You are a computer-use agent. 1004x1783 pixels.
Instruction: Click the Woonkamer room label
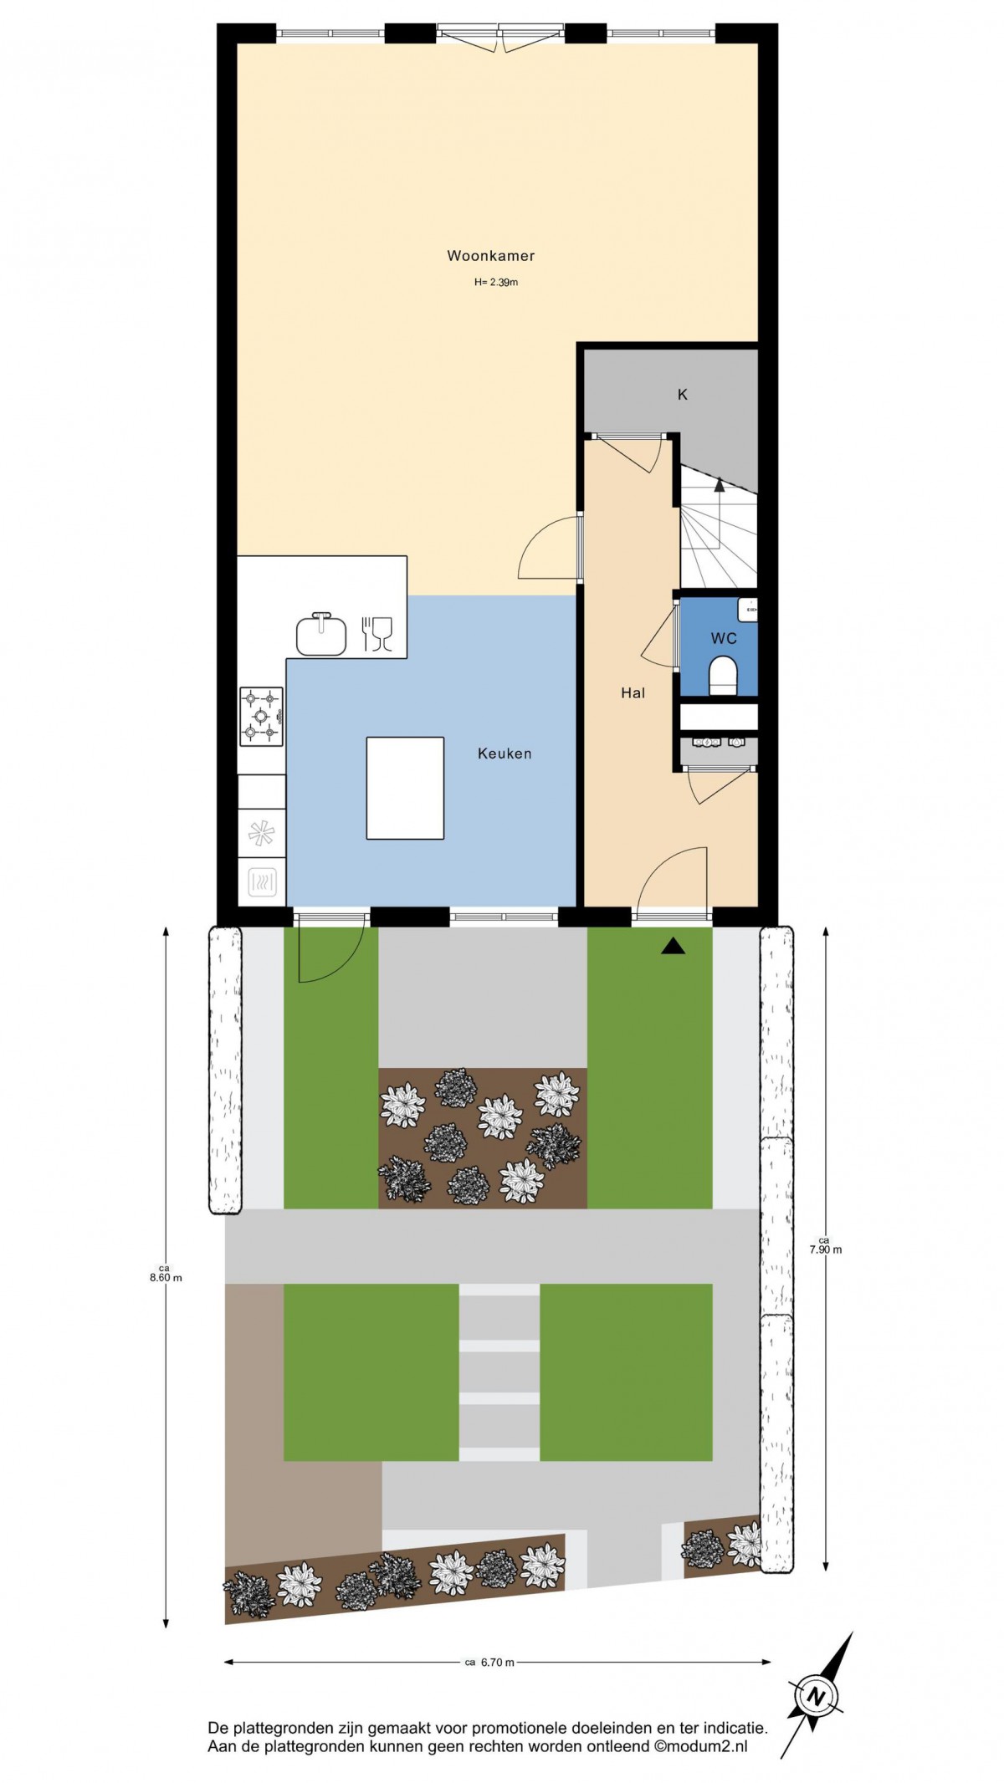[490, 256]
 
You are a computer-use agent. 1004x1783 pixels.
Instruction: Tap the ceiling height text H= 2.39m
[496, 283]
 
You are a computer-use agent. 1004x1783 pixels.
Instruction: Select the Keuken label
[505, 754]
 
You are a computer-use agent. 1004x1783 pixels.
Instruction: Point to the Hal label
[633, 692]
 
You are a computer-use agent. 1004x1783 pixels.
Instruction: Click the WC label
[724, 639]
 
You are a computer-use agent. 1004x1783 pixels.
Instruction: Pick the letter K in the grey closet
[683, 394]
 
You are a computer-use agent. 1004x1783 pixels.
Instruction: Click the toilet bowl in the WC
[722, 674]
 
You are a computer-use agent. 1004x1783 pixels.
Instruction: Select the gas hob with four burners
[261, 716]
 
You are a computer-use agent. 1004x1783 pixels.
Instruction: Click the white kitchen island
[405, 787]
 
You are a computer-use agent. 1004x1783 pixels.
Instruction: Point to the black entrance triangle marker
[674, 947]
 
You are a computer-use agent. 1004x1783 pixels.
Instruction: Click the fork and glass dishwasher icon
[377, 634]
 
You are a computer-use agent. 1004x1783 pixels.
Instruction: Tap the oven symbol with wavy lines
[262, 881]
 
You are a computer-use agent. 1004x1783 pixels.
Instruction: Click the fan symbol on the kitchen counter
[261, 833]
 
